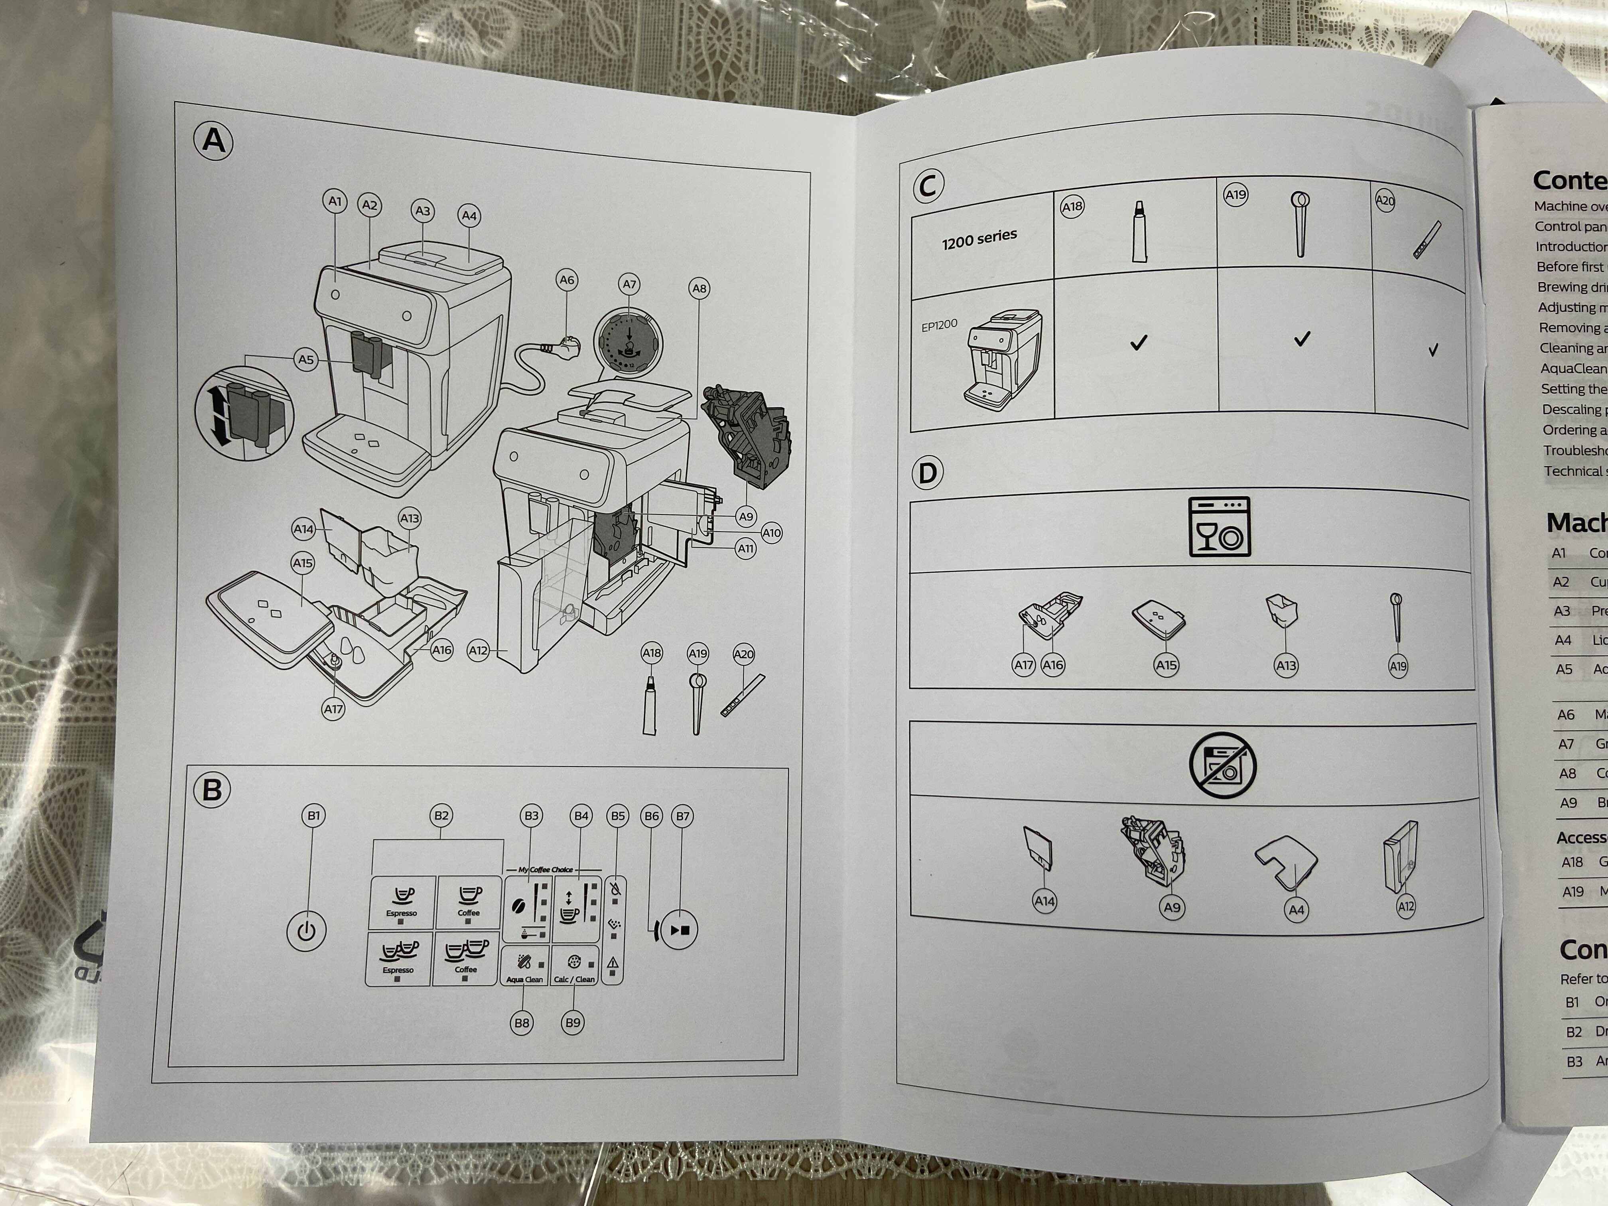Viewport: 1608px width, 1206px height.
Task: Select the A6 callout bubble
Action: tap(566, 280)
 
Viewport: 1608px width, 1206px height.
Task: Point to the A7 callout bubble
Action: tap(630, 284)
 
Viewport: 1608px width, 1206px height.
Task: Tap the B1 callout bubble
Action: tap(313, 816)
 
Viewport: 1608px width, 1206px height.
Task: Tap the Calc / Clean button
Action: tap(574, 966)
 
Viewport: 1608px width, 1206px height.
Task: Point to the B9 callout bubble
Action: tap(573, 1023)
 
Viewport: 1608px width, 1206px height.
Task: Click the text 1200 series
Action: tap(979, 238)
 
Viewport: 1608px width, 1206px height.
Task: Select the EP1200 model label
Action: tap(939, 325)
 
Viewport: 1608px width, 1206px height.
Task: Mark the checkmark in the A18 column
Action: tap(1138, 343)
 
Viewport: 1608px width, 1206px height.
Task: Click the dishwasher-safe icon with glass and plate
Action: tap(1219, 527)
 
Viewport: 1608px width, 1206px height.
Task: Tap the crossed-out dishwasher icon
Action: tap(1223, 765)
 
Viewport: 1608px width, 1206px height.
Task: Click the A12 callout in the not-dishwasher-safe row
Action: tap(1406, 906)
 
